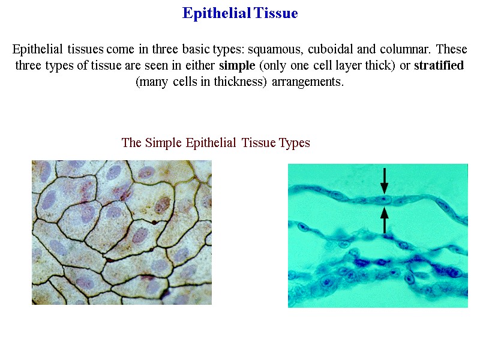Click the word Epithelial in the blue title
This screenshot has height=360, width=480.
(x=216, y=13)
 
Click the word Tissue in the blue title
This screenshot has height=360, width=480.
(x=275, y=13)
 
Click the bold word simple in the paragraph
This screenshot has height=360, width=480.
(x=237, y=65)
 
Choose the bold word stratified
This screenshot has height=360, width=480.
(x=439, y=65)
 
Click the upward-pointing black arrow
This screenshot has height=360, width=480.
(x=384, y=220)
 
